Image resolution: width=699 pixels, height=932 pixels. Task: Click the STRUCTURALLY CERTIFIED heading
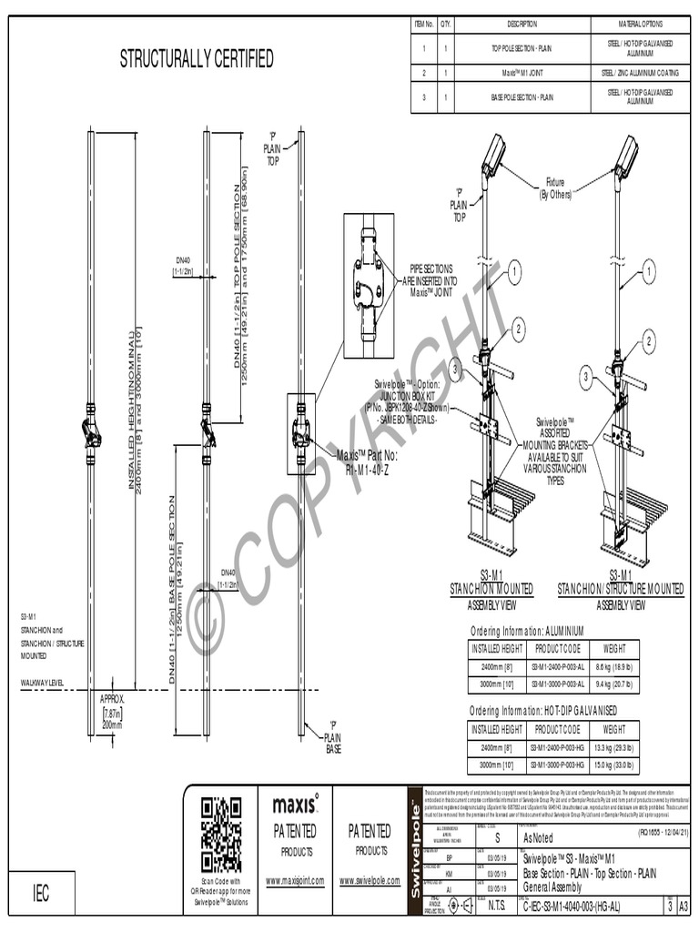click(x=197, y=60)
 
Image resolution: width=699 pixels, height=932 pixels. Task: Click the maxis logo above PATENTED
click(x=295, y=804)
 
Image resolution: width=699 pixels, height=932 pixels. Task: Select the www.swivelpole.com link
click(x=370, y=881)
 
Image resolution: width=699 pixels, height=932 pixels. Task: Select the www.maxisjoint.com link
click(x=295, y=881)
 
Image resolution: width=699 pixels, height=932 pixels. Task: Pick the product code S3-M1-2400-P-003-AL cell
click(x=557, y=667)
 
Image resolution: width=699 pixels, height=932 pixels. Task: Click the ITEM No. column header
click(x=423, y=24)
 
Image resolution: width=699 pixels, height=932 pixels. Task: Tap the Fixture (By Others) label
click(x=555, y=187)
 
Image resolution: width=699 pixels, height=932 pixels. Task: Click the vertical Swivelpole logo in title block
click(x=415, y=856)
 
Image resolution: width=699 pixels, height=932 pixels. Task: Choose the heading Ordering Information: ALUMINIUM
click(x=526, y=631)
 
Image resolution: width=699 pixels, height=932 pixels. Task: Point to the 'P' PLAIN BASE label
click(x=333, y=736)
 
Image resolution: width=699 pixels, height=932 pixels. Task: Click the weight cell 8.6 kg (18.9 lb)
click(x=613, y=667)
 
